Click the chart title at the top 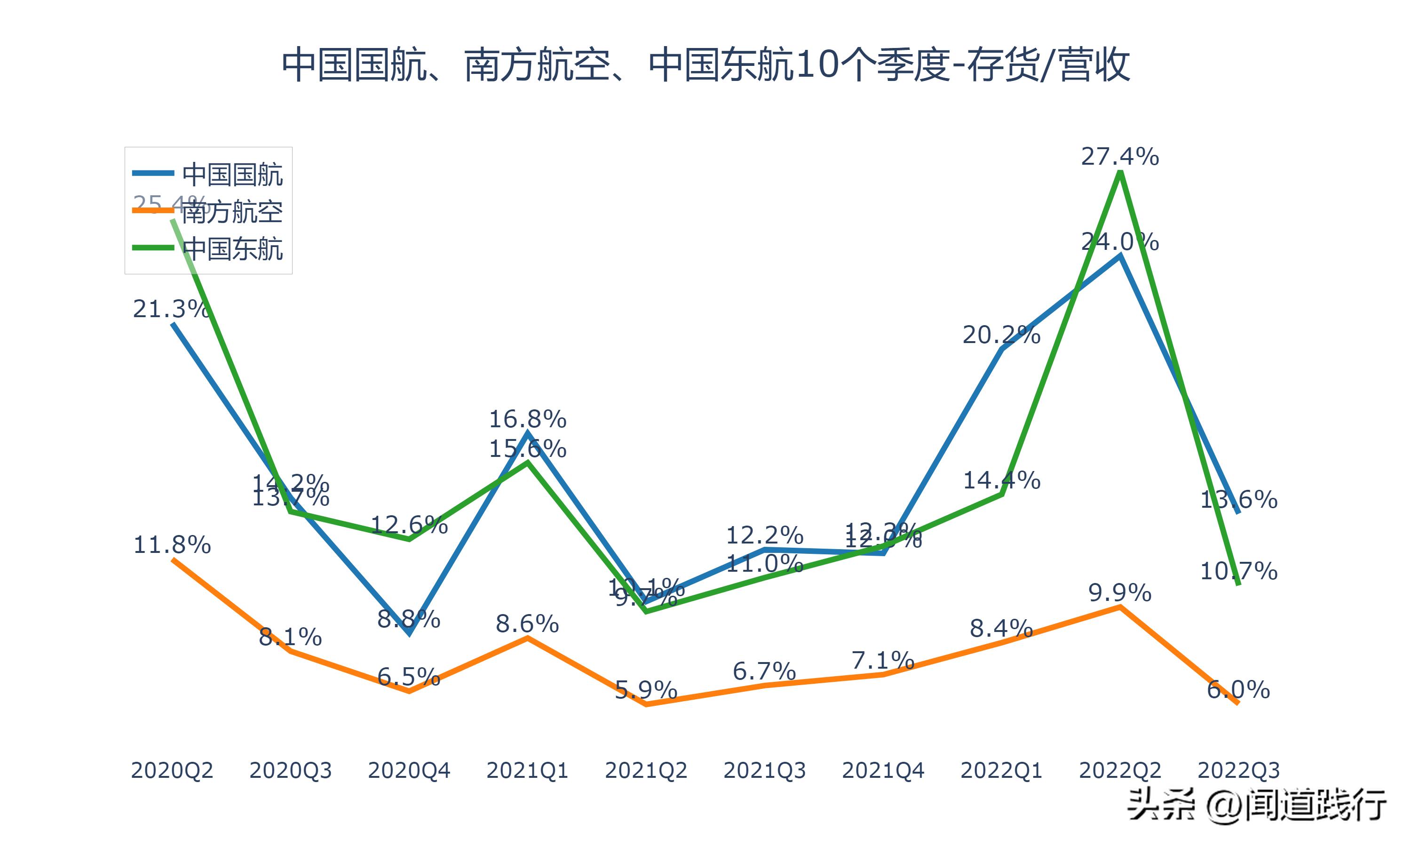point(705,65)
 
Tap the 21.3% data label point(171,309)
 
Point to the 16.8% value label point(528,420)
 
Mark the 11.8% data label point(172,545)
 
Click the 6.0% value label point(1238,690)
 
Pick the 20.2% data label point(1001,335)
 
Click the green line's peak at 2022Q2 point(1121,172)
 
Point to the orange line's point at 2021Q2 point(646,704)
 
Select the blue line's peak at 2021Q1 point(528,434)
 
